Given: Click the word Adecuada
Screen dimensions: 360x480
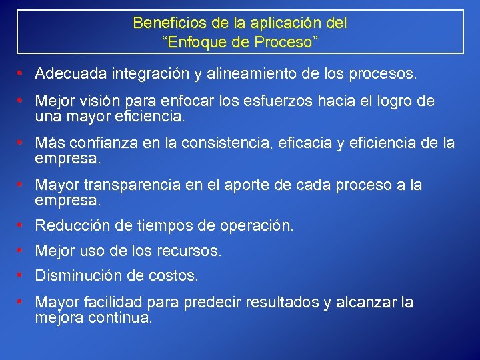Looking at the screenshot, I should tap(72, 73).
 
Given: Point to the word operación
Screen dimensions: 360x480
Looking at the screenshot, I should tap(255, 226).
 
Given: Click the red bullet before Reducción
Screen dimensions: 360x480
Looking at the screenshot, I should tap(22, 226).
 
